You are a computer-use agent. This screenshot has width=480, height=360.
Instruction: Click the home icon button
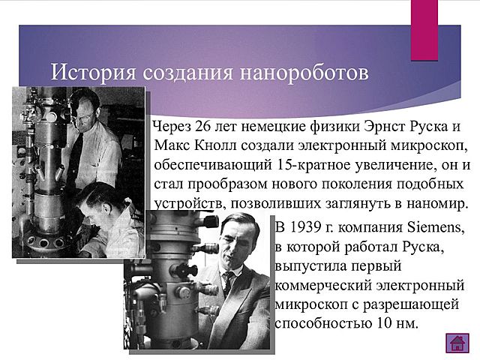pyautogui.click(x=457, y=343)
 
